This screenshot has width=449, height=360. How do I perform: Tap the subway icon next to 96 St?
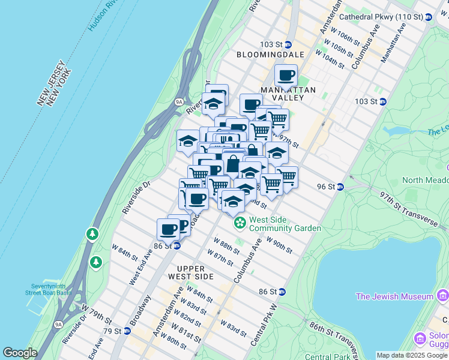[x=340, y=187]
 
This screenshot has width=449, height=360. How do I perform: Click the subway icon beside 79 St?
[x=127, y=331]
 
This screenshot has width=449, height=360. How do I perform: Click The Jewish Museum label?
[x=394, y=296]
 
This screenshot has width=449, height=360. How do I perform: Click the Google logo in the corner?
[x=20, y=353]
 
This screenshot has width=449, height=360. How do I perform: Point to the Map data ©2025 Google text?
[x=412, y=355]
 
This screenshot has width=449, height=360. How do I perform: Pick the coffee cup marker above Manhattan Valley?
[x=286, y=76]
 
